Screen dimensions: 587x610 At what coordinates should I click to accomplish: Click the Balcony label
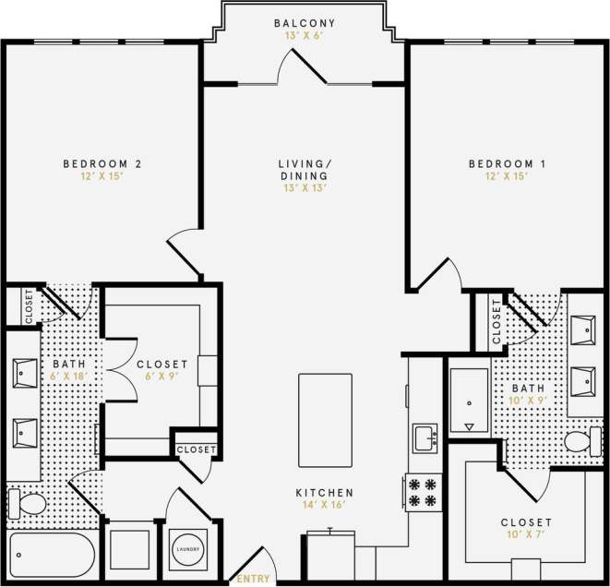[x=305, y=23]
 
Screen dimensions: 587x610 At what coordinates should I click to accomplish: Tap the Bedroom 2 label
[x=102, y=164]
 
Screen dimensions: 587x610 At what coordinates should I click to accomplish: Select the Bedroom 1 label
[x=508, y=164]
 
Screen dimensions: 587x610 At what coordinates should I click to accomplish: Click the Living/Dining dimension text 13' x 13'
[x=305, y=187]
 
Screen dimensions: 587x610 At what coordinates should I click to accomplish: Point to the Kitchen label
[x=325, y=493]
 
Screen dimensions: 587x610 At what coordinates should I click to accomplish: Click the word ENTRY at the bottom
[x=255, y=579]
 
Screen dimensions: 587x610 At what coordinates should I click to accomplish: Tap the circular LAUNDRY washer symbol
[x=187, y=549]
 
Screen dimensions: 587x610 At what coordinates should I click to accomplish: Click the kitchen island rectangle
[x=325, y=420]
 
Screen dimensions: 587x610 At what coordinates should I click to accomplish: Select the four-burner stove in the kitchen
[x=423, y=491]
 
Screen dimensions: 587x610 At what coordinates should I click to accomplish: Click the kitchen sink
[x=425, y=437]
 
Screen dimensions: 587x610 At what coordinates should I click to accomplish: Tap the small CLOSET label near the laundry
[x=197, y=449]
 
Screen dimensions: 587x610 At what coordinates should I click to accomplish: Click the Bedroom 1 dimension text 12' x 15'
[x=508, y=176]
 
